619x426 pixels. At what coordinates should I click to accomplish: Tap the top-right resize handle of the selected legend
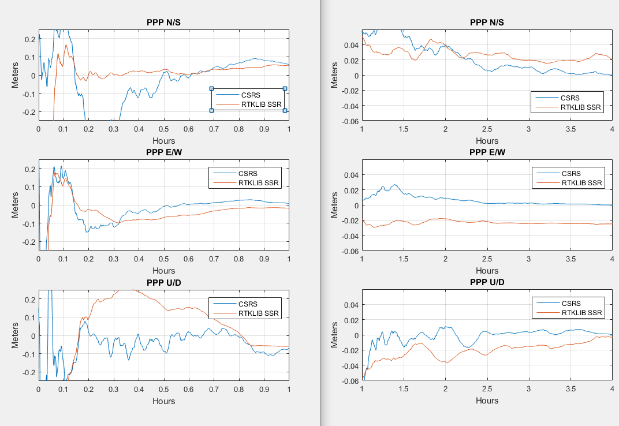tap(285, 89)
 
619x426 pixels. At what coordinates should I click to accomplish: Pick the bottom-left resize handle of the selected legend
tap(211, 110)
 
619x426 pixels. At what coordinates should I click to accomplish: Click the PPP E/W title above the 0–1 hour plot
tap(163, 152)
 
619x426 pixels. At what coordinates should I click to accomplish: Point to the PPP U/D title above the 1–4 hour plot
tap(487, 282)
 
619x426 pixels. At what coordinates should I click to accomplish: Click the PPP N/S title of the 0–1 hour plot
tap(163, 23)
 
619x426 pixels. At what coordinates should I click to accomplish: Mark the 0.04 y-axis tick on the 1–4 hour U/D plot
tap(352, 305)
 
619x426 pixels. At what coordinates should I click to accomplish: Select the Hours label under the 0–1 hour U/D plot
tap(163, 401)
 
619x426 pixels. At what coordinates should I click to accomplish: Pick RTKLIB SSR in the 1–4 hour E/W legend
tap(581, 183)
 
